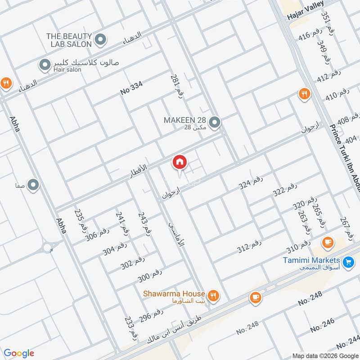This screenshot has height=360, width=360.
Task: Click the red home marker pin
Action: (179, 162)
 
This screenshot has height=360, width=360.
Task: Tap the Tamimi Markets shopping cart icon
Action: (347, 261)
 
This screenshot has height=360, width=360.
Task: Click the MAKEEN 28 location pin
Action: (215, 121)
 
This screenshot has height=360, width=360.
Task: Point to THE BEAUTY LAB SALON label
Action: (69, 40)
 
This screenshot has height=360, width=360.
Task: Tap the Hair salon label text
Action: (67, 70)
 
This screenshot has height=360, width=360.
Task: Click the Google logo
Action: (19, 353)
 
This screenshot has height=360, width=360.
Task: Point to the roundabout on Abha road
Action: (48, 247)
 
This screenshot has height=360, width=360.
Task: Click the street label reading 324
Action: (250, 183)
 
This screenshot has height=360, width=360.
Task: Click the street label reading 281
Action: (177, 85)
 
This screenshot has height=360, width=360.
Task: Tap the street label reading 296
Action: (150, 316)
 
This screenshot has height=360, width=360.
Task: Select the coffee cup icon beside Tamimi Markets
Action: (328, 242)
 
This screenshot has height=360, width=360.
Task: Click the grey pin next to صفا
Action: (33, 184)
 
